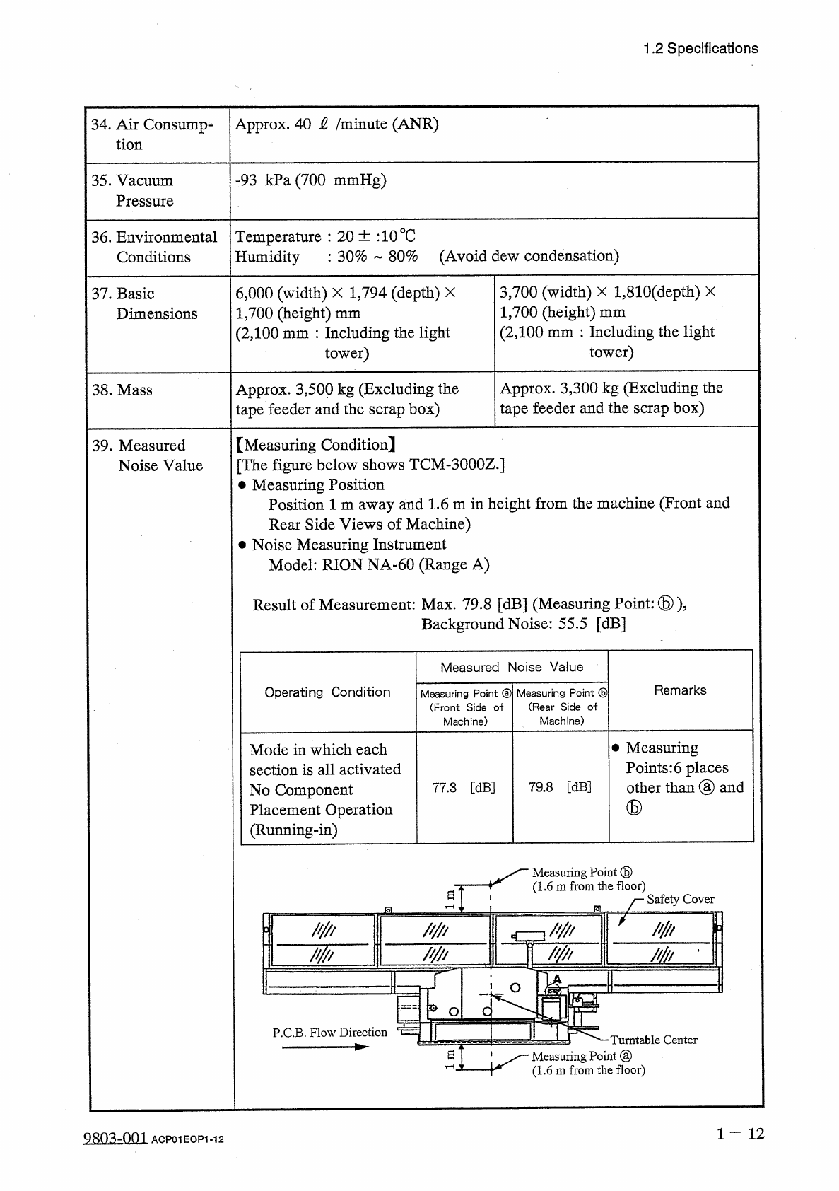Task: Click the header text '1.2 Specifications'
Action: tap(700, 49)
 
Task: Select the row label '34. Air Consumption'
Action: tap(152, 134)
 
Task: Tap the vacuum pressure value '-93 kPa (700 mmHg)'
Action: tap(310, 180)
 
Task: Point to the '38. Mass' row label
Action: tap(122, 390)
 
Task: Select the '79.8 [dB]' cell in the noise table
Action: tap(560, 787)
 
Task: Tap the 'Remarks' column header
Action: tap(680, 690)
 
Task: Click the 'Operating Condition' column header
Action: tap(327, 692)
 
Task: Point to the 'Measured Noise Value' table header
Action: tap(512, 667)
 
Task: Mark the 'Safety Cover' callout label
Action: tap(680, 899)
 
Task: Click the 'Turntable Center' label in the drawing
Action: tap(653, 1040)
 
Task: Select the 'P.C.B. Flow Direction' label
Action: tap(329, 1033)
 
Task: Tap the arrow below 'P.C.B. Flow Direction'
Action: tap(325, 1047)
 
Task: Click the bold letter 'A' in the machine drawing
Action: tap(556, 979)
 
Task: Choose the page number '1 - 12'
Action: tap(740, 1134)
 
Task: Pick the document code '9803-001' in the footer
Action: tap(115, 1138)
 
